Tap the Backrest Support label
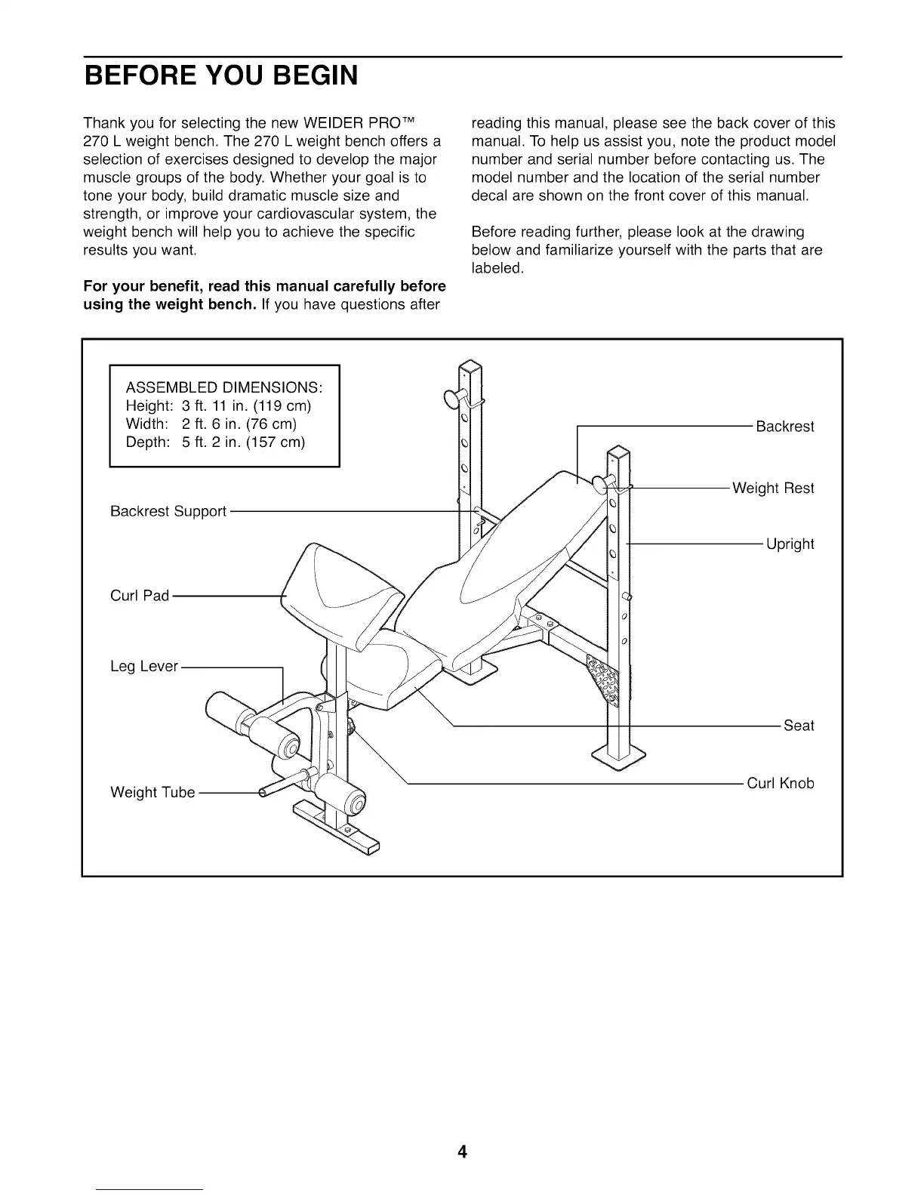click(168, 512)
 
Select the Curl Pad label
click(140, 596)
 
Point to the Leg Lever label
click(144, 667)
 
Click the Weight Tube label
click(152, 792)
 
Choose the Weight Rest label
click(773, 489)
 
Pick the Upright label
click(790, 544)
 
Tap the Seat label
click(799, 726)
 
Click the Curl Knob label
click(781, 783)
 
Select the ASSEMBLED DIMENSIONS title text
click(224, 387)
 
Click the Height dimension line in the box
click(218, 406)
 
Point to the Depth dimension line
click(215, 442)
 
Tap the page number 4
click(462, 1151)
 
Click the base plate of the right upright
click(619, 755)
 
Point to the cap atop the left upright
click(470, 368)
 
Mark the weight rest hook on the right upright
click(605, 483)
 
